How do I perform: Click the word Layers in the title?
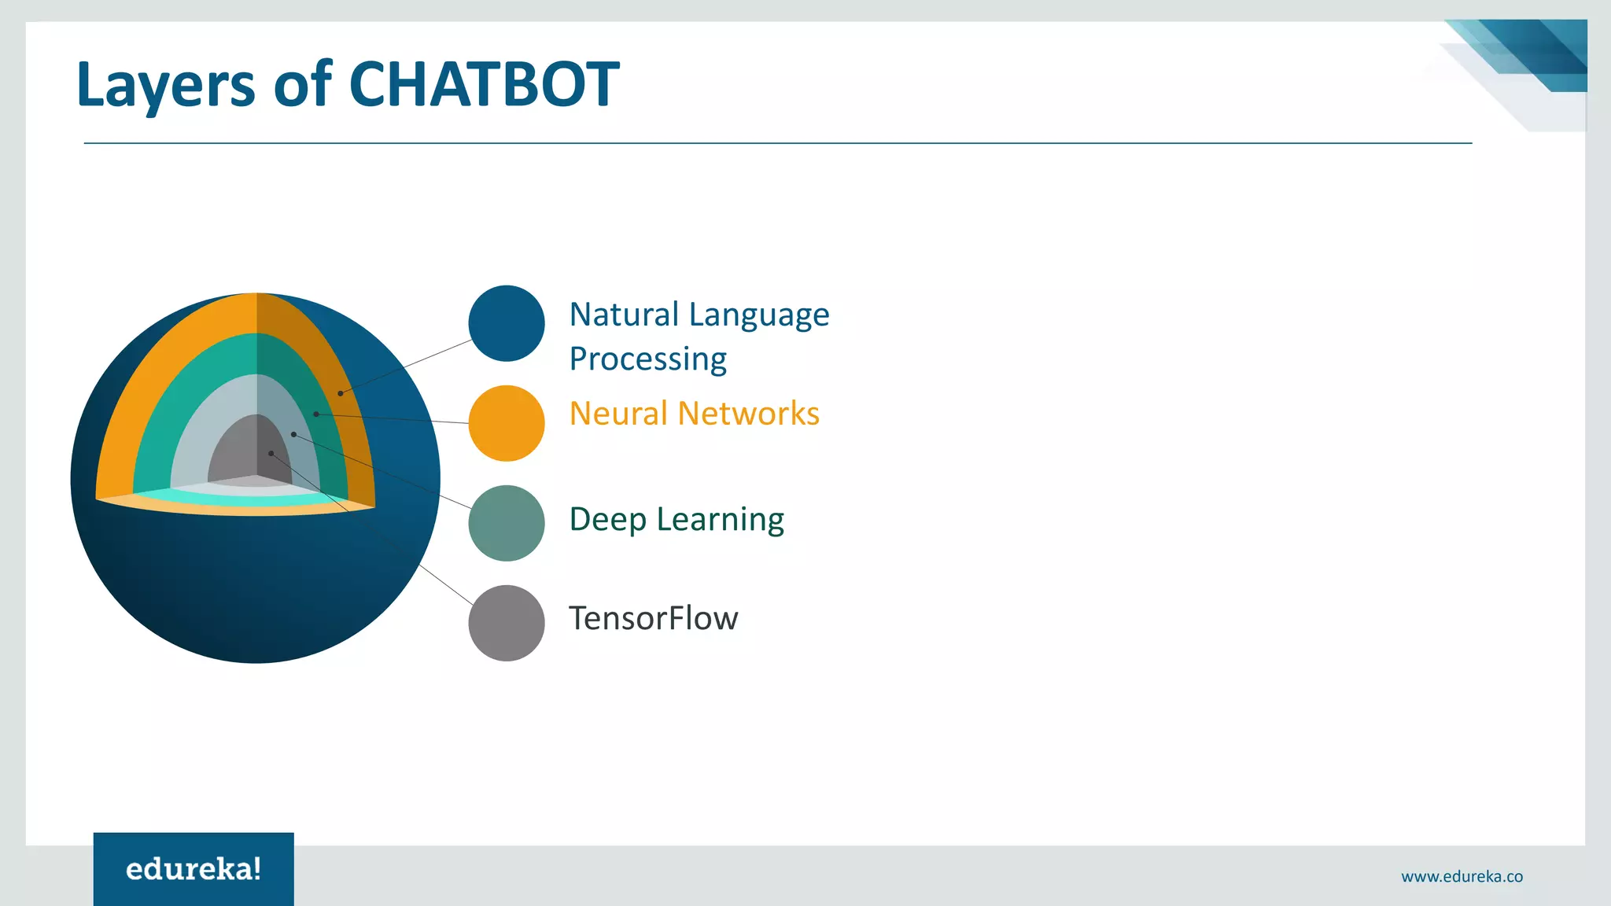tap(165, 85)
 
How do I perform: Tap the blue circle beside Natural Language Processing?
tap(506, 323)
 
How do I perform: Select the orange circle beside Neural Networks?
tap(506, 423)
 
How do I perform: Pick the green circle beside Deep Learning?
tap(506, 523)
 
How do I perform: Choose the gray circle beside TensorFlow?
tap(506, 623)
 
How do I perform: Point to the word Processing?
tap(647, 359)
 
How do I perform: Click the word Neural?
tap(618, 414)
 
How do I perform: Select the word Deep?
tap(607, 520)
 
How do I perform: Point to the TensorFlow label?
tap(653, 619)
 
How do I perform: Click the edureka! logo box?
tap(194, 869)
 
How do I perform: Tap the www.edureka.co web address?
tap(1462, 876)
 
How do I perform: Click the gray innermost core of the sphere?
tap(236, 452)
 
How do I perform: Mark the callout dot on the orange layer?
tap(340, 393)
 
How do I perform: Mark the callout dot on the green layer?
tap(316, 414)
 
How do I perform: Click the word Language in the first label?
tap(759, 315)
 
